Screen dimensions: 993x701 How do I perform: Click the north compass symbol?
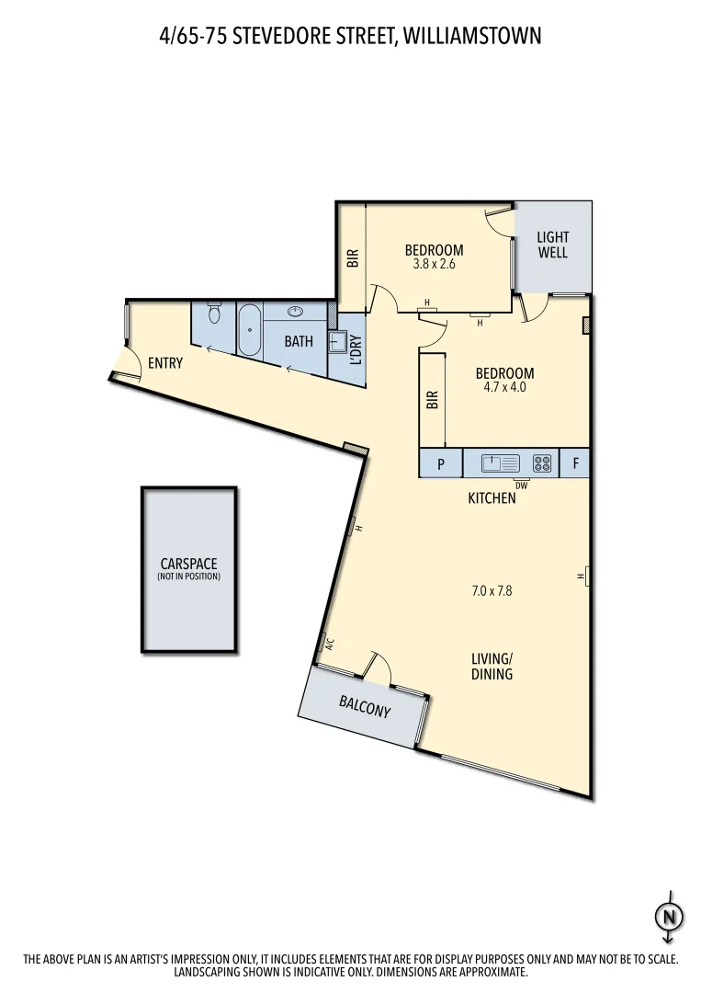coord(669,916)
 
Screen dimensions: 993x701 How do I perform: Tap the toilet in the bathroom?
coord(214,314)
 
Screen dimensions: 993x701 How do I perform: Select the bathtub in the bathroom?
coord(249,330)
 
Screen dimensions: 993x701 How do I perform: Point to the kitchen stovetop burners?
coord(543,463)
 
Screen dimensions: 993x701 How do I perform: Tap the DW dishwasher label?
coord(521,485)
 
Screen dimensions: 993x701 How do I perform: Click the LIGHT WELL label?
coord(553,245)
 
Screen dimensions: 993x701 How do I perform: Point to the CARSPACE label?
coord(188,565)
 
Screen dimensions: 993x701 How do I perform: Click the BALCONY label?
coord(365,707)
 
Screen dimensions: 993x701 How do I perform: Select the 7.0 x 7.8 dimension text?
coord(492,591)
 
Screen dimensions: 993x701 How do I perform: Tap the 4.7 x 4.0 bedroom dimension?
coord(504,387)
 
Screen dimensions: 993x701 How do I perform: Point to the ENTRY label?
coord(165,363)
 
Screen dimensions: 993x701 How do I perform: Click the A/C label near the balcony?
coord(329,644)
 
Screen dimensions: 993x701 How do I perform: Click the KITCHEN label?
coord(492,498)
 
